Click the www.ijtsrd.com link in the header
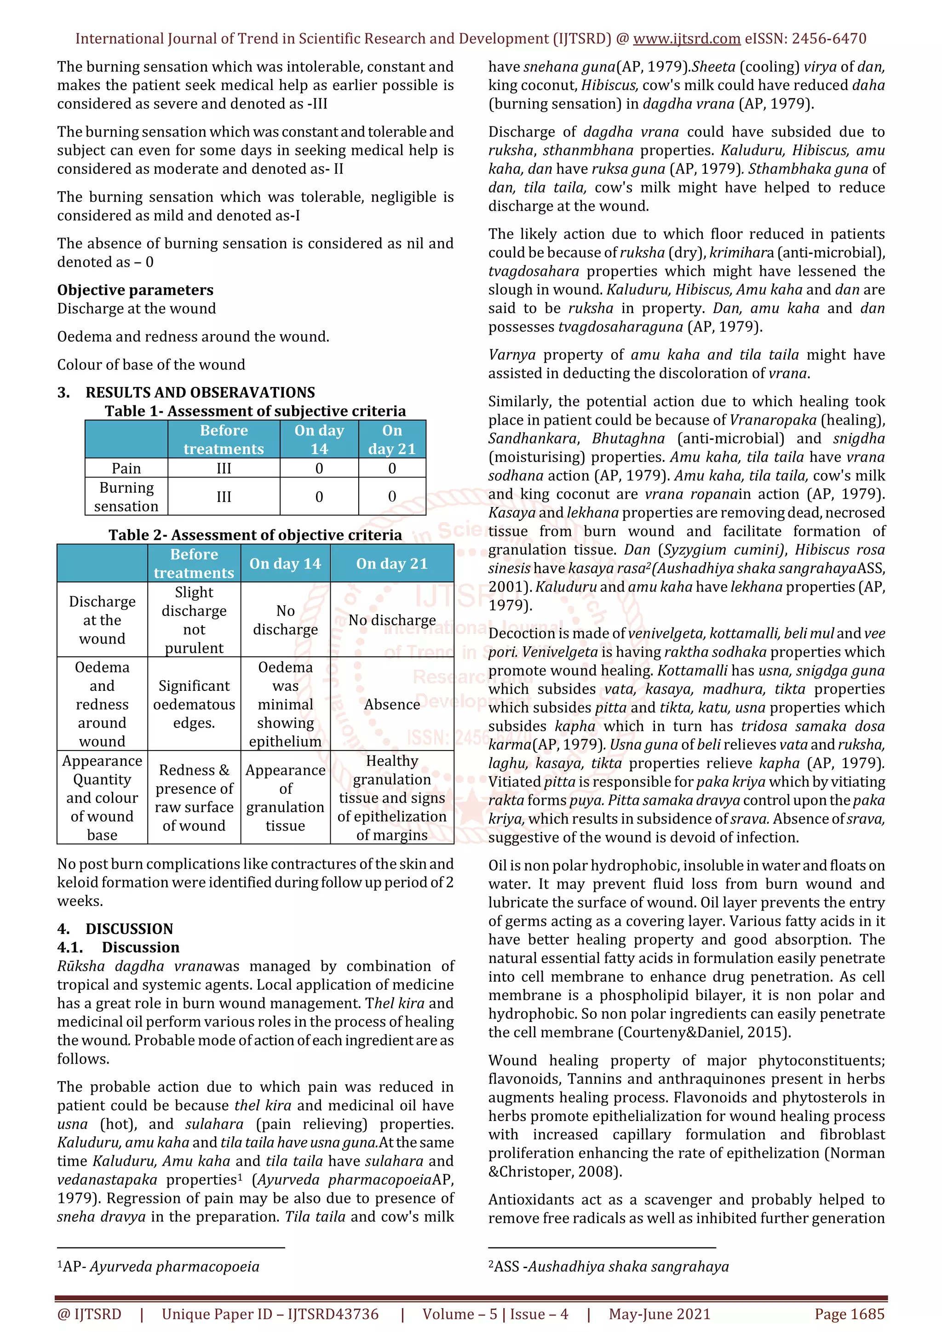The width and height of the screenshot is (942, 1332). pos(686,39)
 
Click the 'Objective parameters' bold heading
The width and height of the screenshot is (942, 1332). pos(135,290)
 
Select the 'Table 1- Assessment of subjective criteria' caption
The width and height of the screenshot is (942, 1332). pos(255,411)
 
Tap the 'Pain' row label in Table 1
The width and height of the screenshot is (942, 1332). pos(126,468)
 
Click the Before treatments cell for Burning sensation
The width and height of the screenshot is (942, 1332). pos(224,496)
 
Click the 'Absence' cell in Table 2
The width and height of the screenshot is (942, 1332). pos(392,704)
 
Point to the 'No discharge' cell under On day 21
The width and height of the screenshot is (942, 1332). pos(392,620)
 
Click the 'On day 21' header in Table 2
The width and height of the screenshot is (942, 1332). pos(392,564)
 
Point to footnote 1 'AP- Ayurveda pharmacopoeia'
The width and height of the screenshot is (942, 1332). pos(158,1266)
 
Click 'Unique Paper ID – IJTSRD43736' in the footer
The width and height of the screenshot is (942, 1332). pos(270,1314)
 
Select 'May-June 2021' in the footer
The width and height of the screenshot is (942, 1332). pos(659,1314)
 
